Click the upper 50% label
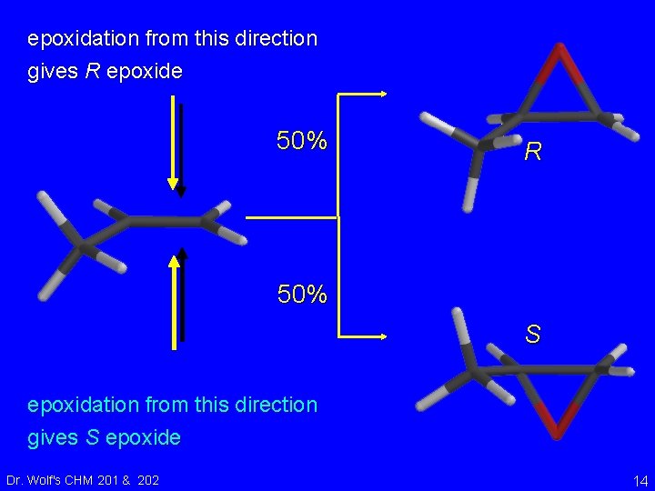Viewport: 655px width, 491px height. tap(302, 141)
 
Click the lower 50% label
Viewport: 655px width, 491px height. tap(302, 295)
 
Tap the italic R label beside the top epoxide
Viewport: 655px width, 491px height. tap(533, 152)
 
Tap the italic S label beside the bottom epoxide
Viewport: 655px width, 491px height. tap(533, 336)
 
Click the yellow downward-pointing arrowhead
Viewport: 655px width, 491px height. tap(173, 184)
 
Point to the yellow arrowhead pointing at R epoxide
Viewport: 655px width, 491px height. tap(386, 93)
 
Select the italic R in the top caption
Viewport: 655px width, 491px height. tap(92, 72)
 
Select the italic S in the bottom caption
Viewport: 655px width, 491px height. tap(92, 437)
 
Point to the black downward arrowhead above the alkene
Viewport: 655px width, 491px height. tap(181, 190)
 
